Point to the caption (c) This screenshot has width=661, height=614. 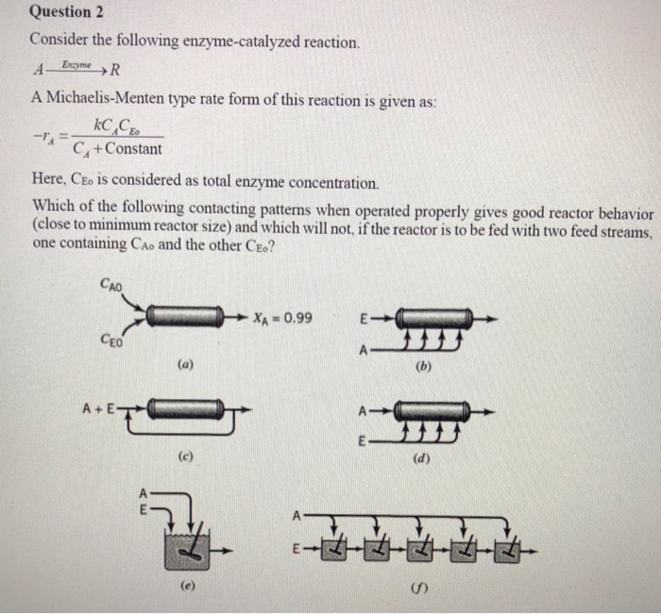(x=185, y=456)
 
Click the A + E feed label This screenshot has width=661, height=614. (x=99, y=409)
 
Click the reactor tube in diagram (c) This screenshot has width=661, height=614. (x=184, y=408)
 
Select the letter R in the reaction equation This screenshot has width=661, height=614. (x=116, y=68)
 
